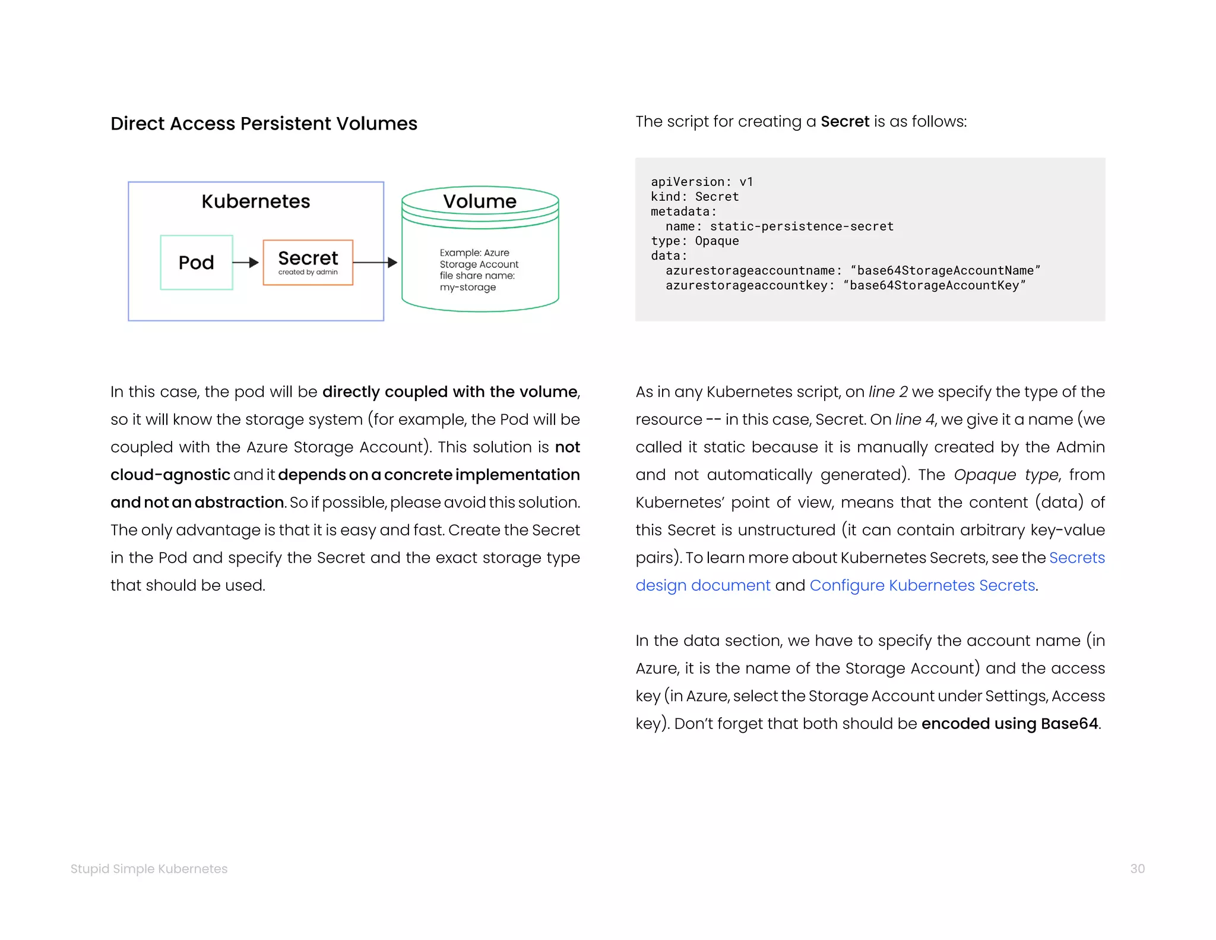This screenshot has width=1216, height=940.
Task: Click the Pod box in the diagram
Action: (196, 262)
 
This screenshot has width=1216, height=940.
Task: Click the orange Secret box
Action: (308, 262)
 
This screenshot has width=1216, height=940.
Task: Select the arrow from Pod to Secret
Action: (245, 262)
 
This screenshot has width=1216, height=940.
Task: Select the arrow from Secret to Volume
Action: (375, 262)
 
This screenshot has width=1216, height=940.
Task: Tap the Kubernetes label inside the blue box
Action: (255, 201)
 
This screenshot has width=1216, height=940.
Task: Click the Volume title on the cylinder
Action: (480, 201)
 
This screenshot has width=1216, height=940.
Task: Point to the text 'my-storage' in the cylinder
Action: (468, 288)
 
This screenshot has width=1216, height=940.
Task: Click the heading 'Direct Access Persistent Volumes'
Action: (264, 124)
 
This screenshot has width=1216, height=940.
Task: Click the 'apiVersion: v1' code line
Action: (701, 182)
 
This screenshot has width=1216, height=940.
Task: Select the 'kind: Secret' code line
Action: (695, 197)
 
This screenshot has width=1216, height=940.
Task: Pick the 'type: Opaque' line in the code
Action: (695, 241)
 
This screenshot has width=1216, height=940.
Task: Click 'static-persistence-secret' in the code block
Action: (802, 226)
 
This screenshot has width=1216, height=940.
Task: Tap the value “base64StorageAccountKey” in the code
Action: (934, 285)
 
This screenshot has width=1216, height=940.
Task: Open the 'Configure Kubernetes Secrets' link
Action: (922, 585)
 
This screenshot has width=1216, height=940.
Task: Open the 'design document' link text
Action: (702, 585)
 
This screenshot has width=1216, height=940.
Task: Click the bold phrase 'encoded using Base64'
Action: (1009, 724)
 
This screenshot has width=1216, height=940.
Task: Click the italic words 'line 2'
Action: (888, 392)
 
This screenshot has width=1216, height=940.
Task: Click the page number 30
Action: (1137, 869)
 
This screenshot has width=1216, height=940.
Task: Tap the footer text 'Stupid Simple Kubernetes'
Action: (149, 869)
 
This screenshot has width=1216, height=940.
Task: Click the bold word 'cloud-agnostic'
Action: (170, 475)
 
